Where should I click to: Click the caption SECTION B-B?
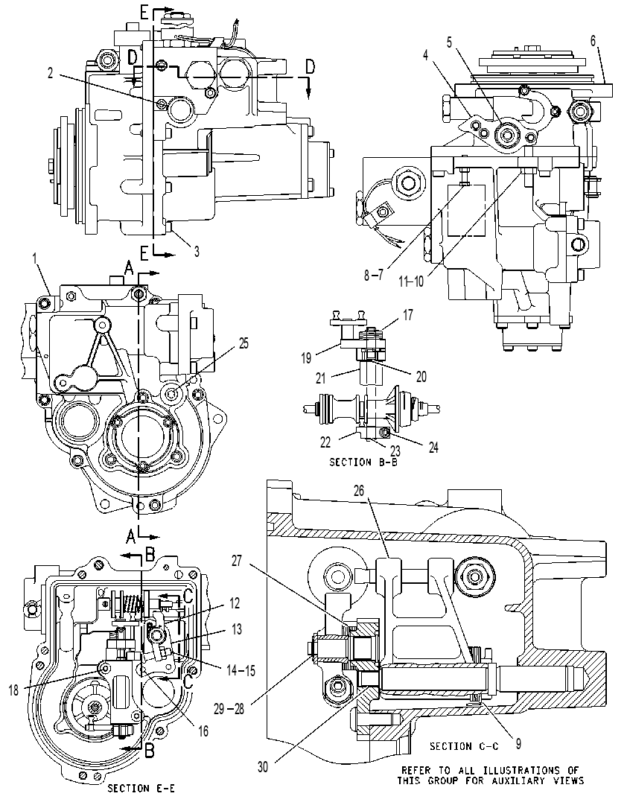point(363,462)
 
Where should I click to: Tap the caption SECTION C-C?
point(464,746)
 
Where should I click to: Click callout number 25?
point(244,343)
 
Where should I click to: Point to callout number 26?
point(359,491)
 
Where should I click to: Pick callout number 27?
point(237,561)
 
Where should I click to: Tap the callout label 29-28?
point(229,709)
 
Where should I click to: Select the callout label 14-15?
point(240,670)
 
